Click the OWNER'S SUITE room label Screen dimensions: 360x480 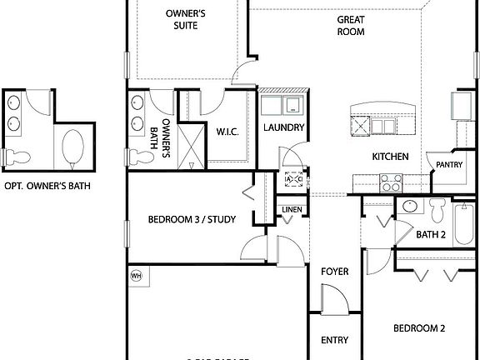pos(186,20)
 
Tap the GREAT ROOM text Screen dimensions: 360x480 pos(352,25)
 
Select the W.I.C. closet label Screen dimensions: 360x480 pos(228,131)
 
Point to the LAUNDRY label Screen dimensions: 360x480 pos(282,127)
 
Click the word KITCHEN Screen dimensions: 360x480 pos(389,156)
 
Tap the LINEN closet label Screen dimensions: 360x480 pos(291,209)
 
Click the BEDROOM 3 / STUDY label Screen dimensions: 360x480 pos(192,220)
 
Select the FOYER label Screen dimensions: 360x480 pos(334,272)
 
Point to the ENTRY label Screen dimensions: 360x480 pos(334,340)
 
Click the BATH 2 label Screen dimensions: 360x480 pos(431,235)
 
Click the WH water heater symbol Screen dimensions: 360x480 pos(136,275)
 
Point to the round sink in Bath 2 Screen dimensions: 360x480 pos(409,207)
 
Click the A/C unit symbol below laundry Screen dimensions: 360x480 pos(294,179)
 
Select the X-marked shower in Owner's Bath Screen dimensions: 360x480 pos(191,143)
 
